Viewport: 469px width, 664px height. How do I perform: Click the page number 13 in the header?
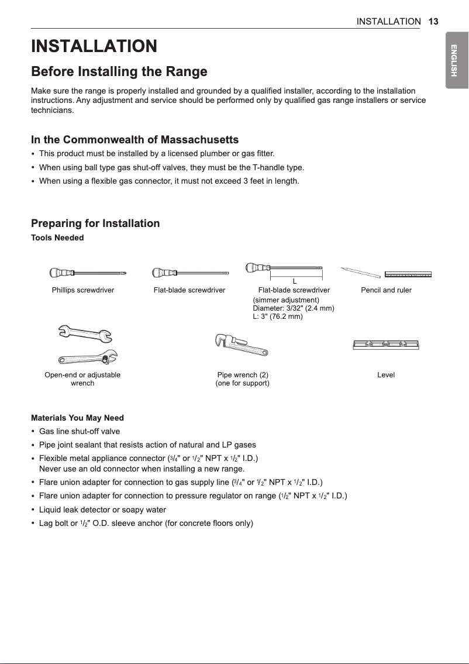click(433, 21)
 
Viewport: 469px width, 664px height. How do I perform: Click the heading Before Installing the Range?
click(119, 72)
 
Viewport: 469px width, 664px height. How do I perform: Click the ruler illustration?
click(408, 274)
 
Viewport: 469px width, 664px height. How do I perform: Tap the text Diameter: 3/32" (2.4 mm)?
click(293, 308)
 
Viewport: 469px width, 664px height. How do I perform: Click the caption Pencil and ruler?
click(386, 290)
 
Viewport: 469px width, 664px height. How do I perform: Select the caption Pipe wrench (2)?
click(242, 375)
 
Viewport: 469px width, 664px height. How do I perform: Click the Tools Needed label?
click(57, 238)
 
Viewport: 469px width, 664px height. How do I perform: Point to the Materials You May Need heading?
click(77, 418)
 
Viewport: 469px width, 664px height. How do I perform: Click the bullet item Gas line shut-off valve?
click(79, 432)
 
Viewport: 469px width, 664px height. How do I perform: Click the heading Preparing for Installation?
click(95, 223)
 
